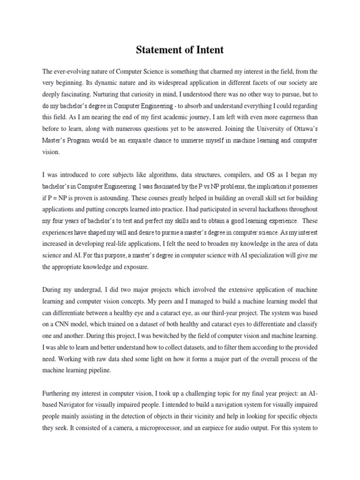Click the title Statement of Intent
pos(180,51)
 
